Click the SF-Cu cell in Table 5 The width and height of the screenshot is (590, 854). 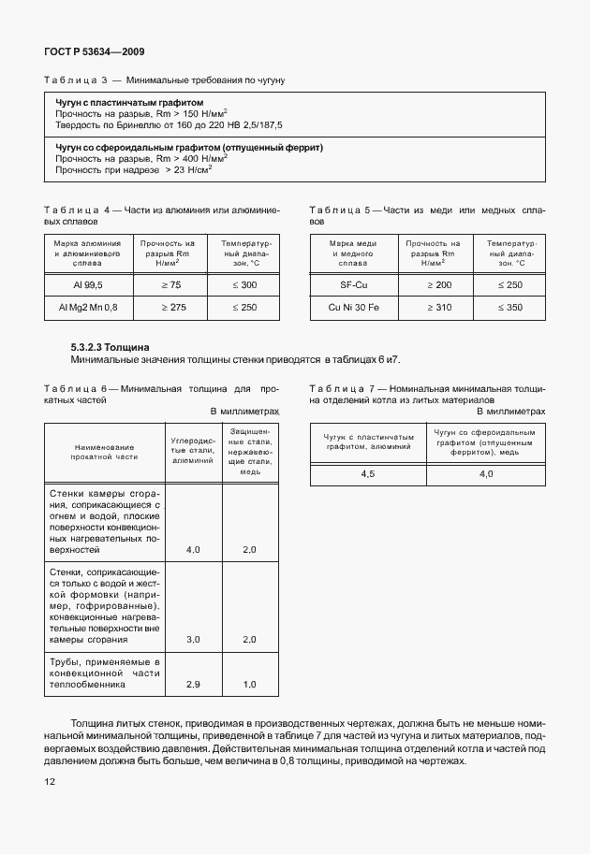pos(353,283)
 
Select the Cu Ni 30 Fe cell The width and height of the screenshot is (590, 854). pos(353,307)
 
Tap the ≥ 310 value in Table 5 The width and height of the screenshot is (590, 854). pos(432,307)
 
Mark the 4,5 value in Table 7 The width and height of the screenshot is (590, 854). pos(368,474)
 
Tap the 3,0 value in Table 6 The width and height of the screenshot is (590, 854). pos(194,639)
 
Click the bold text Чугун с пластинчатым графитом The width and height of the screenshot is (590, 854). pos(129,102)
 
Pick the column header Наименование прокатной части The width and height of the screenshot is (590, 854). pos(103,453)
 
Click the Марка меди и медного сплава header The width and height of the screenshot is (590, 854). pos(353,253)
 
